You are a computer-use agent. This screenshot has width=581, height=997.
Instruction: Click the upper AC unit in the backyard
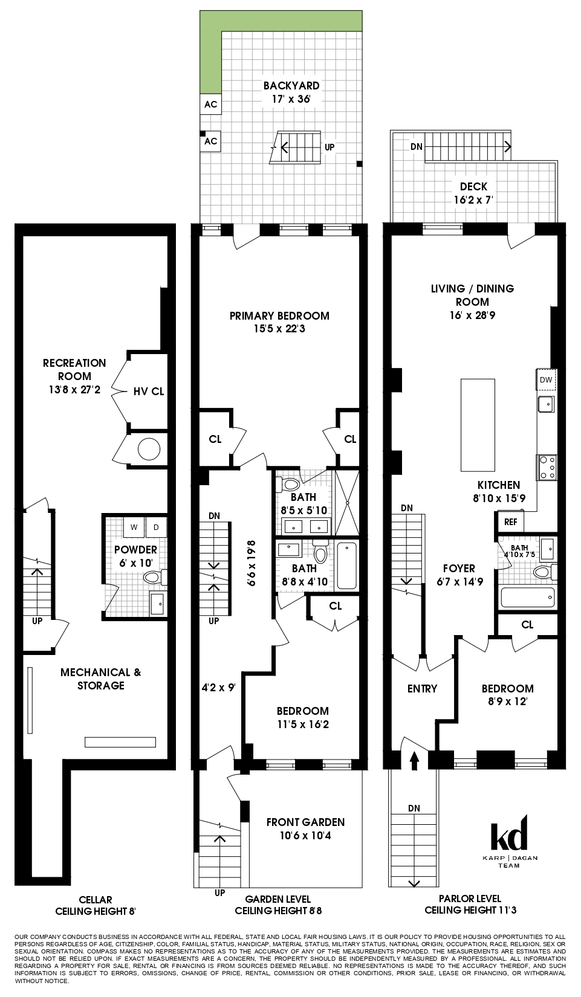tap(210, 105)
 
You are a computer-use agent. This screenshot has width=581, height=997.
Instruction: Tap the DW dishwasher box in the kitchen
tap(546, 380)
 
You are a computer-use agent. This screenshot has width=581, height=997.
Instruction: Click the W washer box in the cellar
tap(134, 527)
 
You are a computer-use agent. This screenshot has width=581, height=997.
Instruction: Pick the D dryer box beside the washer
tap(156, 527)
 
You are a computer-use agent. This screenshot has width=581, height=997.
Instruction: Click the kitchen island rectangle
tap(478, 425)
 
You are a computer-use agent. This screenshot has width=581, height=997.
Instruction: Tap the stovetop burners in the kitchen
tap(548, 467)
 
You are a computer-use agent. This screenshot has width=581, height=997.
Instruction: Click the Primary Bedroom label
tap(279, 322)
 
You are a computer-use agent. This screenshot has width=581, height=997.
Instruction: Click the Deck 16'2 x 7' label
tap(473, 193)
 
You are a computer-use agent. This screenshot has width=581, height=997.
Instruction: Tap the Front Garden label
tap(305, 829)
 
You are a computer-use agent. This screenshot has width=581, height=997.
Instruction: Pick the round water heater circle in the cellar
tap(149, 449)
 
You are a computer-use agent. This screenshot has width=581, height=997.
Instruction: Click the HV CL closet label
tap(149, 392)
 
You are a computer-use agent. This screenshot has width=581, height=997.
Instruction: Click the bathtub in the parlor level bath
tap(527, 598)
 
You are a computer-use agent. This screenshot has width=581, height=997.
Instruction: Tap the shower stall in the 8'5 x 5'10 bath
tap(347, 503)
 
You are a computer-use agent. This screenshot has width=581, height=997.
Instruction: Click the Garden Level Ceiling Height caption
tap(278, 905)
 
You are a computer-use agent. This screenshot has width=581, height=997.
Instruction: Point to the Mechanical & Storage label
tap(100, 679)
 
